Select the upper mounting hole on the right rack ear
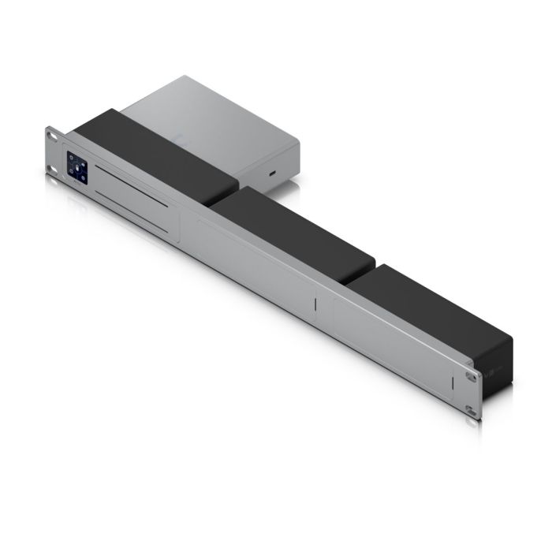click(471, 377)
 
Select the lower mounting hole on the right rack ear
click(470, 411)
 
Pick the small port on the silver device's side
click(273, 172)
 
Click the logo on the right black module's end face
click(494, 368)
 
